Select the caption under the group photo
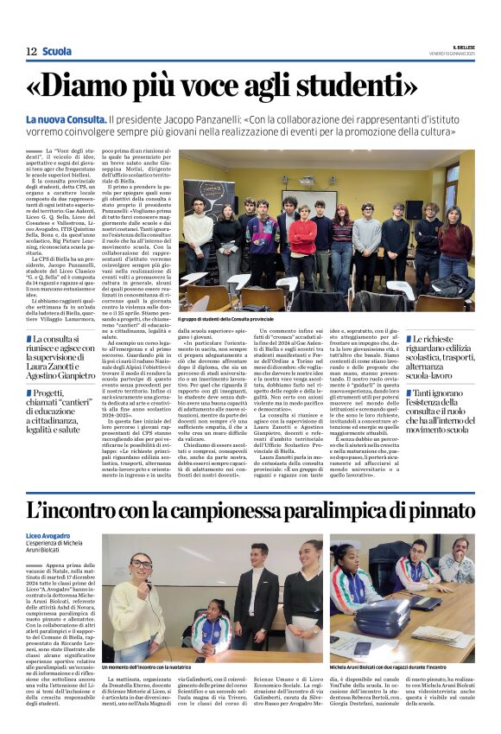(250, 318)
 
